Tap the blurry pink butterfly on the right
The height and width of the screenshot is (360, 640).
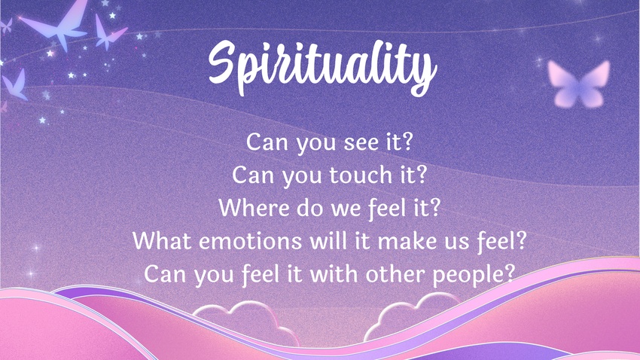(x=578, y=84)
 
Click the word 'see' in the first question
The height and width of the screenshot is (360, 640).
(x=361, y=142)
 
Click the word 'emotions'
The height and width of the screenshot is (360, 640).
(x=250, y=241)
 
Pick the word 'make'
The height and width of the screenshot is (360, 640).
(x=403, y=240)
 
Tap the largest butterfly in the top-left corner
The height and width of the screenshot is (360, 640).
(x=57, y=25)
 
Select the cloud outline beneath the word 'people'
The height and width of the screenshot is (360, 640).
(x=413, y=314)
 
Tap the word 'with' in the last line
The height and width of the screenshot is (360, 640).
(x=334, y=273)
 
